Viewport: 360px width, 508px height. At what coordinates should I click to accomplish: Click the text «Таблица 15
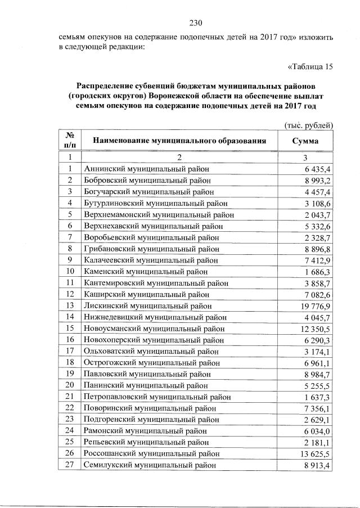[310, 67]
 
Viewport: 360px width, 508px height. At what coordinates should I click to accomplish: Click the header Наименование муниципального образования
[179, 141]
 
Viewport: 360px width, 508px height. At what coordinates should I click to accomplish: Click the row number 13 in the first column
[70, 305]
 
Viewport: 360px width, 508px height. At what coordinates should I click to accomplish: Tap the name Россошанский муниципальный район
[151, 453]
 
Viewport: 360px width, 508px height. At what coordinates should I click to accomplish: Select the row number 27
[70, 464]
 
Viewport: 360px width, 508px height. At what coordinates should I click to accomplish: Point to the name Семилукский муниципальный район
[149, 464]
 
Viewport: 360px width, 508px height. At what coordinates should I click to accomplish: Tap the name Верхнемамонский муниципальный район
[158, 214]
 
